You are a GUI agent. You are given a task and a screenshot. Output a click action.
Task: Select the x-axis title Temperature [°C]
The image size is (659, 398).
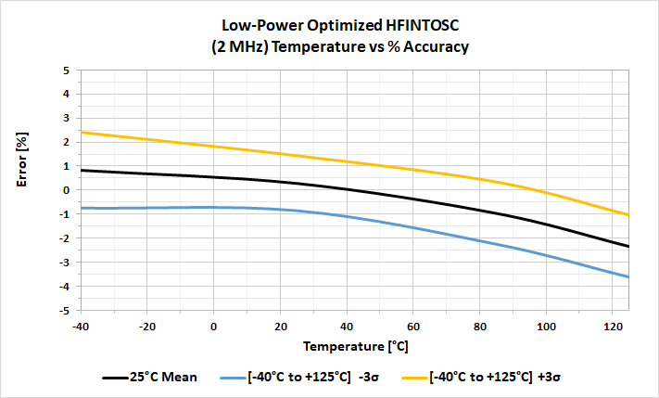[x=355, y=346]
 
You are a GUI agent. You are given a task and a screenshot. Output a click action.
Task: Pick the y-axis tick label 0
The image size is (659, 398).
[x=66, y=190]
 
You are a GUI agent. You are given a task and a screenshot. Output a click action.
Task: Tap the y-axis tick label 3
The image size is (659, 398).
[x=66, y=118]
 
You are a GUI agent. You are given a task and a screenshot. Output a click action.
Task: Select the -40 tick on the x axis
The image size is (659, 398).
[x=81, y=325]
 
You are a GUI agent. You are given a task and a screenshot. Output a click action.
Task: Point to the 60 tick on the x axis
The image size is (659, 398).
[x=413, y=325]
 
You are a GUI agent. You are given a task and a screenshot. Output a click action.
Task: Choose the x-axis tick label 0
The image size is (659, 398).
[x=214, y=325]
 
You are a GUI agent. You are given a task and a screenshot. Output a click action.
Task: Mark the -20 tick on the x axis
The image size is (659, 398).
[x=146, y=325]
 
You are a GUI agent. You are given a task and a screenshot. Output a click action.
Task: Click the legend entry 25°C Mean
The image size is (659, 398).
[x=162, y=378]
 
